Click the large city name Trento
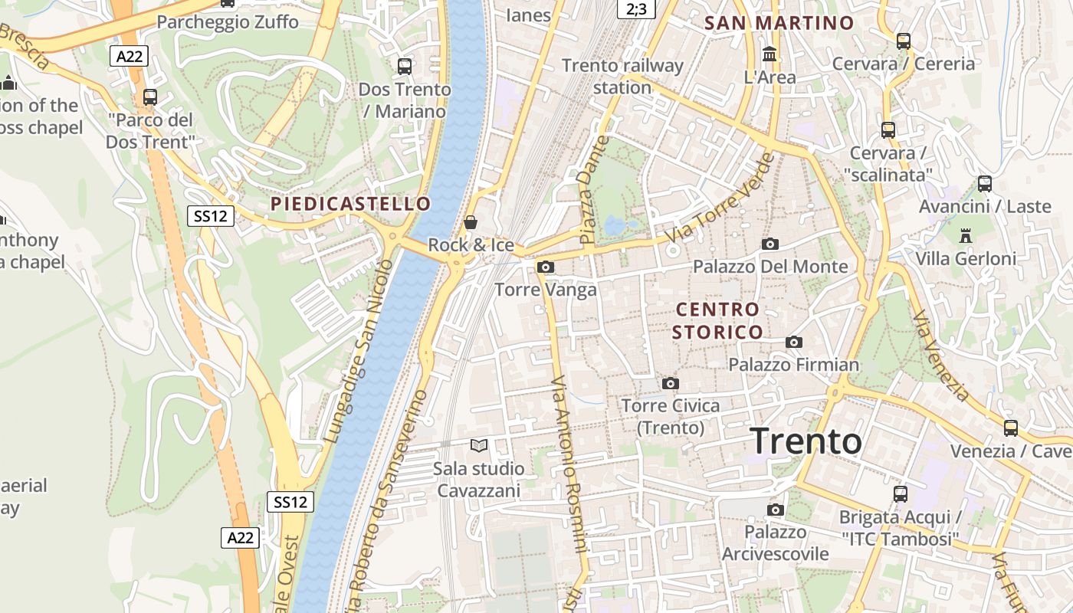tap(806, 441)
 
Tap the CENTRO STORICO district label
tap(717, 320)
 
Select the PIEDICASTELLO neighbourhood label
tap(350, 204)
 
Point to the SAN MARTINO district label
tap(779, 23)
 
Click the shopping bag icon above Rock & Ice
tap(471, 222)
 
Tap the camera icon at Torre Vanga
tap(546, 267)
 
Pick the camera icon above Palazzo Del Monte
tap(770, 244)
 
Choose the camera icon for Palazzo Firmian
tap(794, 342)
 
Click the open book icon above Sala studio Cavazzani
tap(479, 445)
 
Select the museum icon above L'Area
tap(769, 54)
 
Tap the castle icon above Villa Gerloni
tap(966, 235)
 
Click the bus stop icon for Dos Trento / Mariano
tap(405, 67)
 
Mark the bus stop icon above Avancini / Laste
tap(985, 184)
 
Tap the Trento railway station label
tap(622, 76)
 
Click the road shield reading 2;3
tap(636, 8)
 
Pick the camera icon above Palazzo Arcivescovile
tap(776, 510)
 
